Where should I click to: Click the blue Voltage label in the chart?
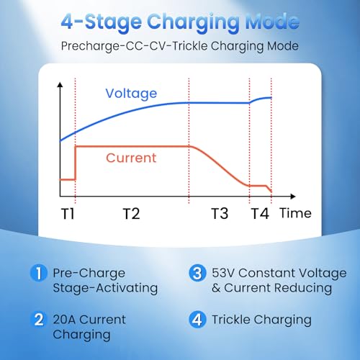click(131, 94)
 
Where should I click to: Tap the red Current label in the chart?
click(131, 158)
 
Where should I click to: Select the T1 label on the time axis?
click(68, 213)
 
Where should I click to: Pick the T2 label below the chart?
click(131, 213)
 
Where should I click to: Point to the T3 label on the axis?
click(220, 213)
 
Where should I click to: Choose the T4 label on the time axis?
click(260, 213)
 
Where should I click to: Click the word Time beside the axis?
click(296, 213)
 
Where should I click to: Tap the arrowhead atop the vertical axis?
click(60, 85)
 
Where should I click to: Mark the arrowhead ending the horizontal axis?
click(293, 197)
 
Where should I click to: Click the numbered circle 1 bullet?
click(39, 273)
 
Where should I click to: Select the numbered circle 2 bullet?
click(39, 320)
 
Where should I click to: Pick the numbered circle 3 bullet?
click(197, 273)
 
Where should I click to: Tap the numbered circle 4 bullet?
click(197, 320)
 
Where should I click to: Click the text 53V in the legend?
click(223, 273)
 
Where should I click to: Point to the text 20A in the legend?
click(64, 320)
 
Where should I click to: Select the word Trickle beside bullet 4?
click(231, 320)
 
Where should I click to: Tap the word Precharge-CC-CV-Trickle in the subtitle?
click(134, 46)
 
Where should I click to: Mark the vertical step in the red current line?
click(76, 163)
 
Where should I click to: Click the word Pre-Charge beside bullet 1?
click(89, 273)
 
